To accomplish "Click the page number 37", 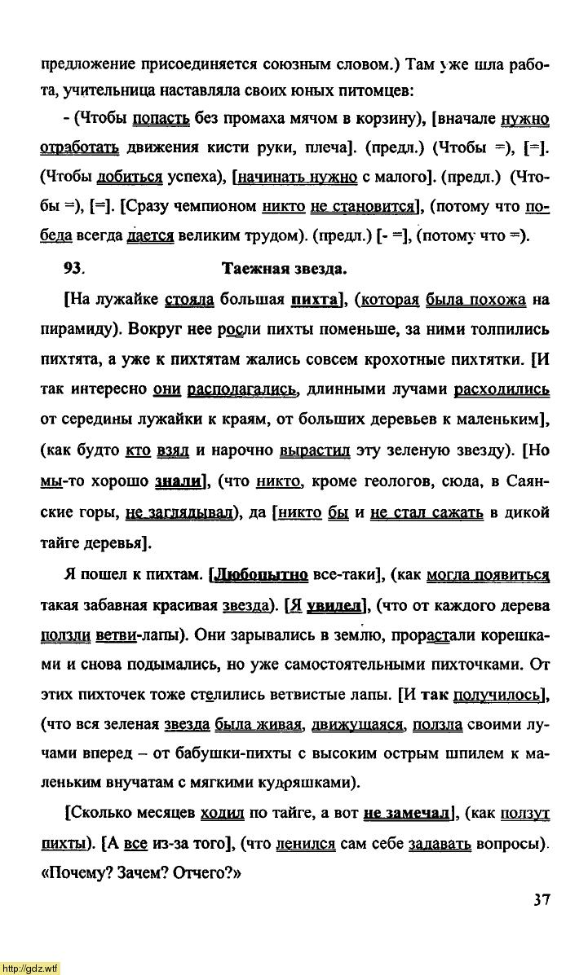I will click(x=541, y=899).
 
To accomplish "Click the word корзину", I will click(x=385, y=120).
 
